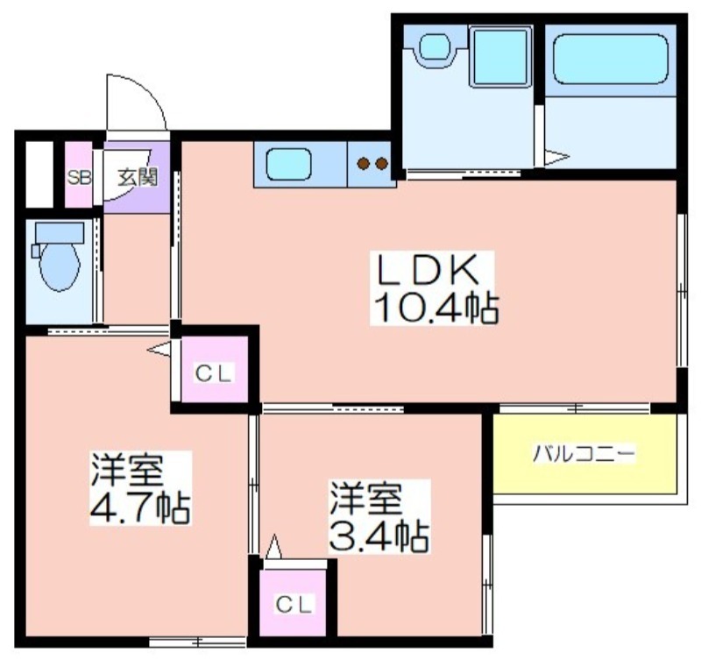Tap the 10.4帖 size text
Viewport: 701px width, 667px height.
tap(435, 308)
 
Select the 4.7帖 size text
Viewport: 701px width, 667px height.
tap(140, 507)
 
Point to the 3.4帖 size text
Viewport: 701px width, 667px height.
tap(379, 537)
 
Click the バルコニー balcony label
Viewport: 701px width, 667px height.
tap(584, 454)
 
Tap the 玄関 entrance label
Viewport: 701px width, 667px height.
tap(138, 177)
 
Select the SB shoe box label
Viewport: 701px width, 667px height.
tap(79, 178)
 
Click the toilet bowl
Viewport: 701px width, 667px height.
tap(60, 267)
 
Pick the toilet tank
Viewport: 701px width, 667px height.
tap(60, 233)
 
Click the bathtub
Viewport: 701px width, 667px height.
tap(611, 59)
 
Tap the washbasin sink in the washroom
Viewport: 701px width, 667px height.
tap(435, 46)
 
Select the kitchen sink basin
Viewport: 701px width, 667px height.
tap(289, 164)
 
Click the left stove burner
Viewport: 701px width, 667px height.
tap(363, 164)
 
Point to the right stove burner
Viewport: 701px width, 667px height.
tap(381, 164)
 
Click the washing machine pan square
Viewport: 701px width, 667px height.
tap(500, 56)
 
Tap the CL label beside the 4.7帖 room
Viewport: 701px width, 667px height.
tap(214, 373)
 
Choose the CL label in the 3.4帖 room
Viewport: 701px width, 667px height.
tap(294, 605)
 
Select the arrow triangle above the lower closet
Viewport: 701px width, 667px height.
tap(273, 546)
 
